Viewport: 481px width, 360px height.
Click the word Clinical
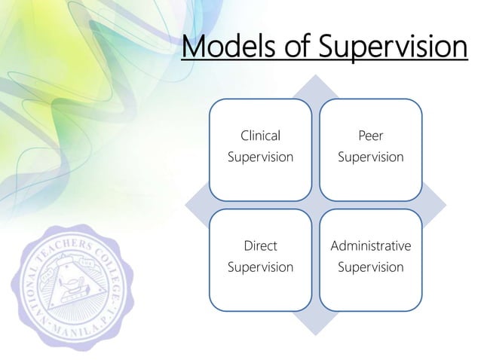pos(260,136)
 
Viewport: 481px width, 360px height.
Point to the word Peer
pos(370,136)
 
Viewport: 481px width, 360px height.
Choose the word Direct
pos(260,246)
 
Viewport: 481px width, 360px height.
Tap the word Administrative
pos(370,246)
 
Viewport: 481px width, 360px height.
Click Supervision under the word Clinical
pos(260,157)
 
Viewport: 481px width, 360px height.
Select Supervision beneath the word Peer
pos(370,157)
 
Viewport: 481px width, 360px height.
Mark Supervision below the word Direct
pos(260,267)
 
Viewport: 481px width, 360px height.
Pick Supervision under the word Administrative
pos(370,267)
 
